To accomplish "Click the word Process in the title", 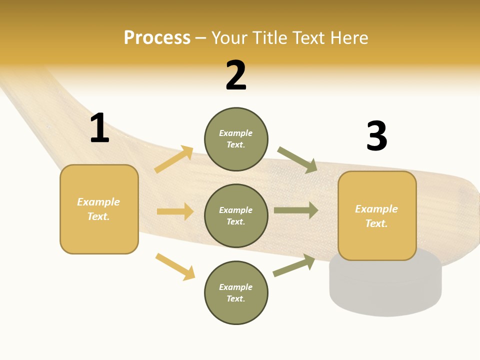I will [157, 38].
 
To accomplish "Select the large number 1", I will [99, 128].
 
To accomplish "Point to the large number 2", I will [236, 75].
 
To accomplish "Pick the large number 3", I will [376, 136].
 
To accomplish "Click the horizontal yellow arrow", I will [175, 211].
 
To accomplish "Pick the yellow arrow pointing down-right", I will [175, 266].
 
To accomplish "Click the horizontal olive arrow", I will [296, 210].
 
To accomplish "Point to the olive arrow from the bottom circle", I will [294, 265].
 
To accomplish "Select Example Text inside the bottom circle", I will [236, 293].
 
